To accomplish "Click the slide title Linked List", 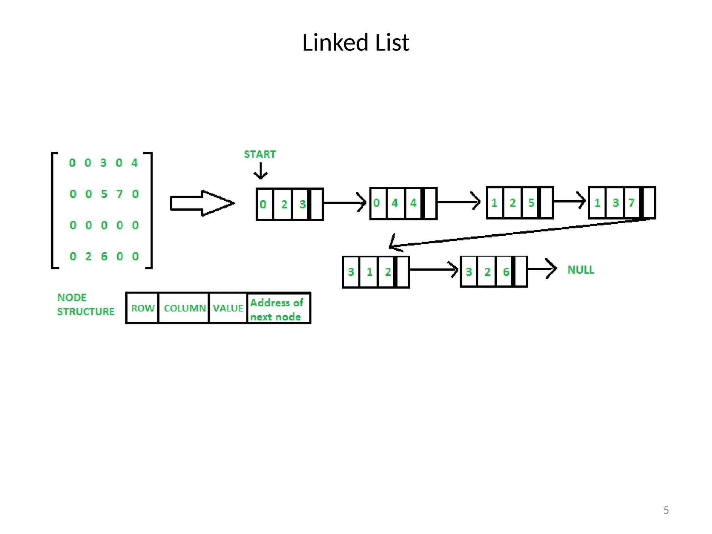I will (x=356, y=42).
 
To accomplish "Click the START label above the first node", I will (x=260, y=154).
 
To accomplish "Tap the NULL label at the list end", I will (x=581, y=270).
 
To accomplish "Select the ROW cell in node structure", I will (x=143, y=308).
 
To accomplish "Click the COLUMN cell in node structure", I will (x=184, y=308).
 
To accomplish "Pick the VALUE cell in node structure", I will (x=228, y=308).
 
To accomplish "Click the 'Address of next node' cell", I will (x=278, y=309).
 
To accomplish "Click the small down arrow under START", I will (x=260, y=171).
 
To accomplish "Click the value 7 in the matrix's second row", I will (x=120, y=194).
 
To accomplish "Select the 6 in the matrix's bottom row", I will (x=104, y=257).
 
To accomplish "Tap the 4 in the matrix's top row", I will (x=135, y=163).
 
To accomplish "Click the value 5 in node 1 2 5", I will (x=531, y=203).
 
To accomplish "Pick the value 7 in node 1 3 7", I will (x=631, y=203).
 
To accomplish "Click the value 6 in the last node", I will (x=506, y=272).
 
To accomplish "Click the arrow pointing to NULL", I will (x=542, y=269).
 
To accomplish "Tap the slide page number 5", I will (x=666, y=510).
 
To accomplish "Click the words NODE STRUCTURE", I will (x=86, y=305).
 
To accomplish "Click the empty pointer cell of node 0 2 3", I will (x=317, y=204).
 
